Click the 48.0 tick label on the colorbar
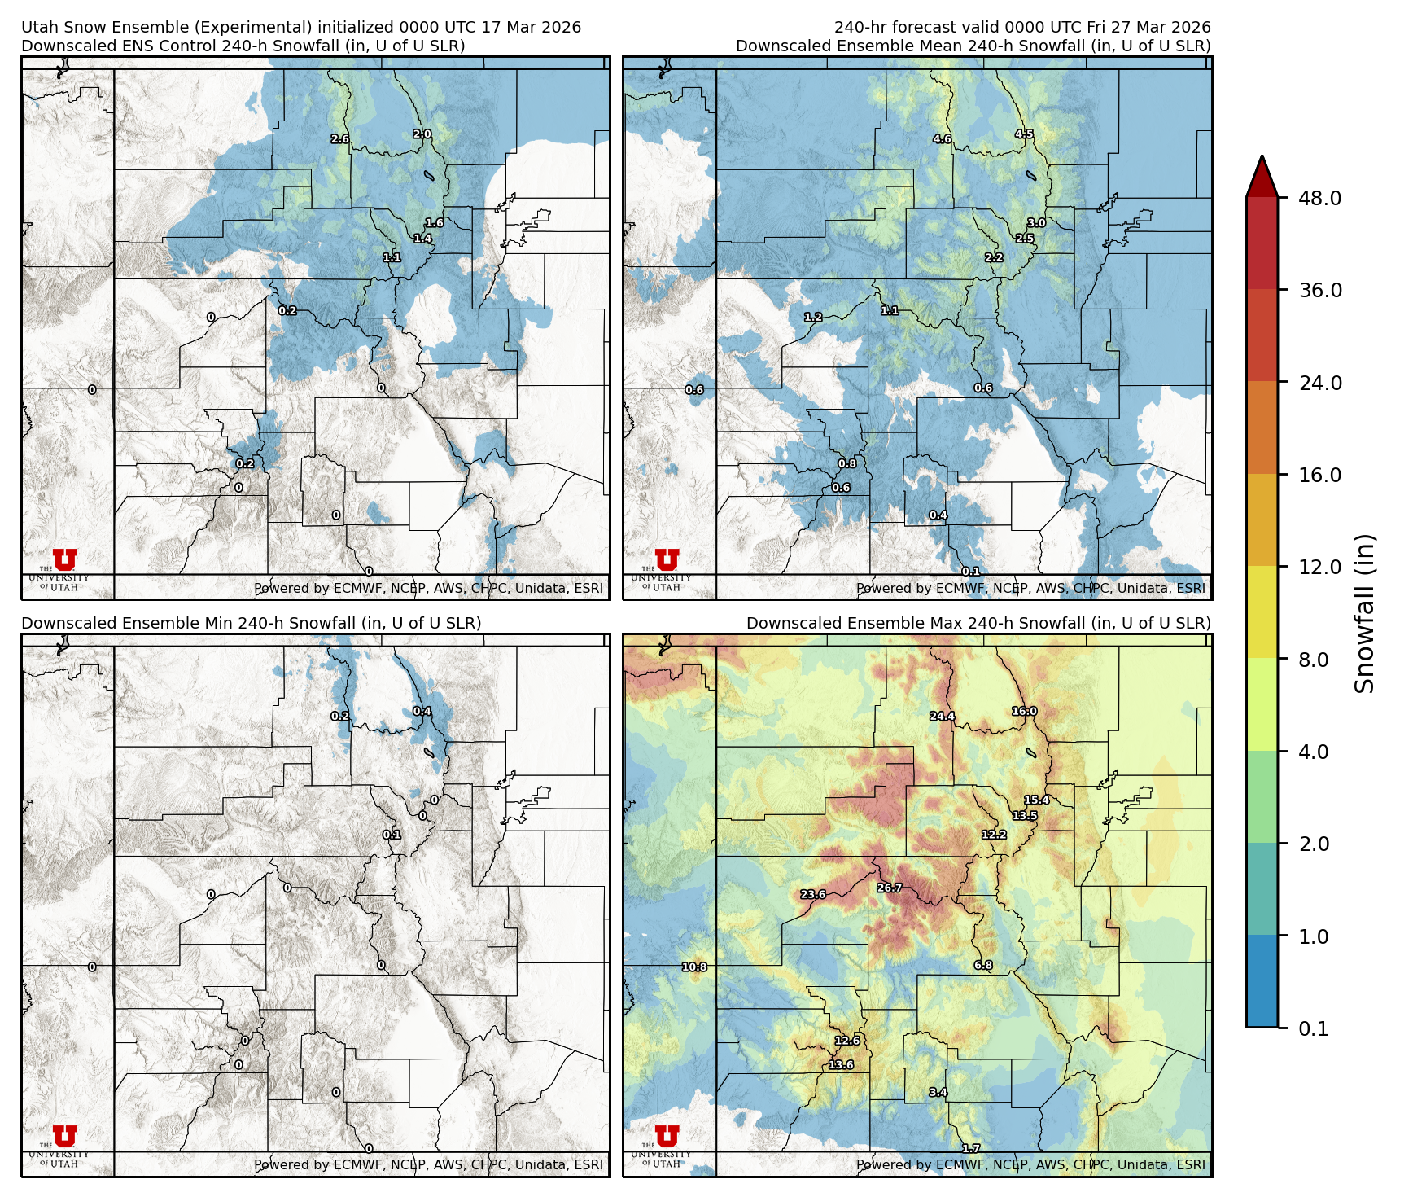pos(1319,198)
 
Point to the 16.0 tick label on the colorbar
pos(1319,475)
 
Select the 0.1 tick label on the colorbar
pos(1313,1028)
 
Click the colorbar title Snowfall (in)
pos(1365,613)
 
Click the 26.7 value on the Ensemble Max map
pos(889,888)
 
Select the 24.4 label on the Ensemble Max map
pos(942,717)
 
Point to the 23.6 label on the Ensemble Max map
pos(812,894)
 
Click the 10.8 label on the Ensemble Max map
pos(694,967)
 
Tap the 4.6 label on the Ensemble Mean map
pos(942,139)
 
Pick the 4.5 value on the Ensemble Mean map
pos(1024,134)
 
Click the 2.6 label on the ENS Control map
pos(339,139)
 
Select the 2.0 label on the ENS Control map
pos(422,134)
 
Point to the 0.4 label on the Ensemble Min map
pos(422,712)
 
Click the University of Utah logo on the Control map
pos(64,568)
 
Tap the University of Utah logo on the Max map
pos(667,1144)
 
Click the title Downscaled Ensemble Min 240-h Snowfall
pos(251,623)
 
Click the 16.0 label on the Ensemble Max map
pos(1024,712)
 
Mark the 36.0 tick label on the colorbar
pos(1319,291)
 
